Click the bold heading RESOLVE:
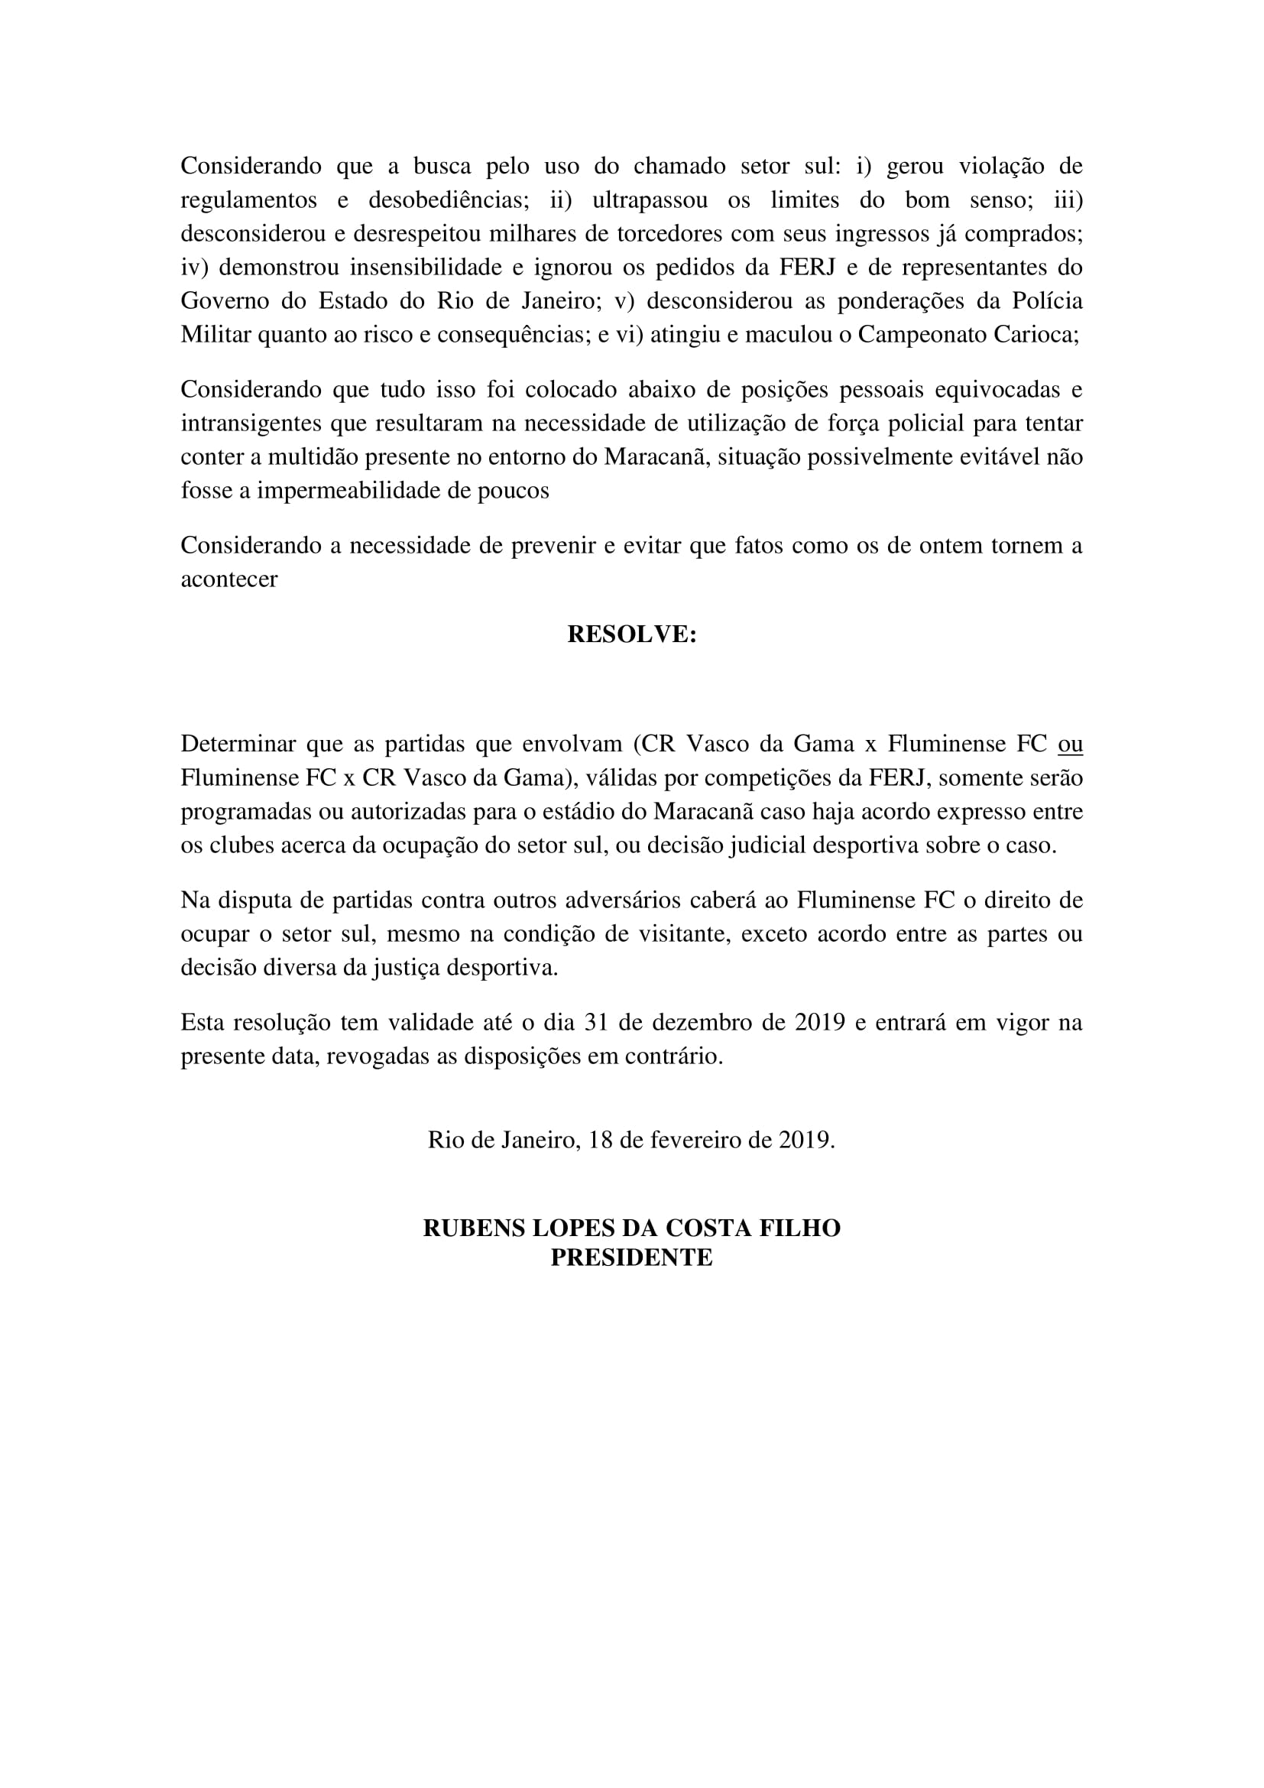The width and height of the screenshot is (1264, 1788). click(x=631, y=634)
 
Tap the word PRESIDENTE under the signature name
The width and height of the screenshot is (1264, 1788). click(x=631, y=1257)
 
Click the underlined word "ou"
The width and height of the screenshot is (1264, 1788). click(x=1070, y=745)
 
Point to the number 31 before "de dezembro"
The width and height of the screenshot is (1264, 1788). click(x=595, y=1023)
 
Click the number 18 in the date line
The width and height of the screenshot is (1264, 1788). click(x=601, y=1140)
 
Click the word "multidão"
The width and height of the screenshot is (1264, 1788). click(x=311, y=457)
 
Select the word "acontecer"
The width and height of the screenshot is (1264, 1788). click(x=228, y=579)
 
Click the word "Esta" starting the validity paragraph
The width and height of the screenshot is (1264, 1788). click(x=203, y=1023)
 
